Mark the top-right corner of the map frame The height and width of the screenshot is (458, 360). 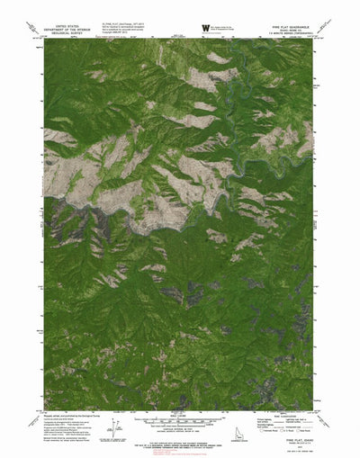317,39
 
